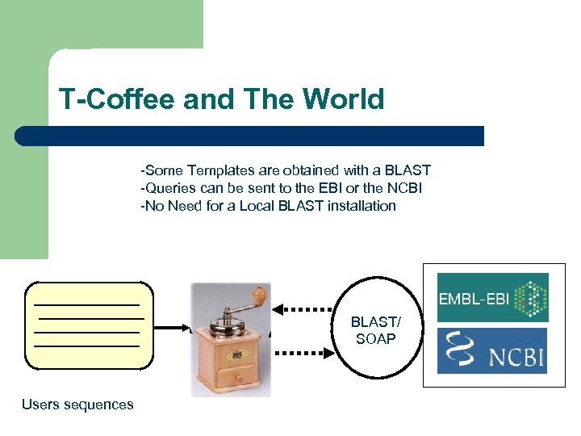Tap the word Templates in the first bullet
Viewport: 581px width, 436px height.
click(x=220, y=170)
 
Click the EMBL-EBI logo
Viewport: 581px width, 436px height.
click(x=492, y=298)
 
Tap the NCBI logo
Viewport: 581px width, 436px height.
click(x=492, y=350)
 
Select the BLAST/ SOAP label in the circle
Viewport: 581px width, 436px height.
click(x=375, y=331)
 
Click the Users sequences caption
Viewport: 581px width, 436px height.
click(x=77, y=405)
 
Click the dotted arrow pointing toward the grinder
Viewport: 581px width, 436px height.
click(x=303, y=308)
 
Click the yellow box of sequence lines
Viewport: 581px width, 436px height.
click(x=89, y=325)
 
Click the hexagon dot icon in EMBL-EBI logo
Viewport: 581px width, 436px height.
click(x=529, y=298)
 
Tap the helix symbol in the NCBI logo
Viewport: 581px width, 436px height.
click(x=461, y=350)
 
